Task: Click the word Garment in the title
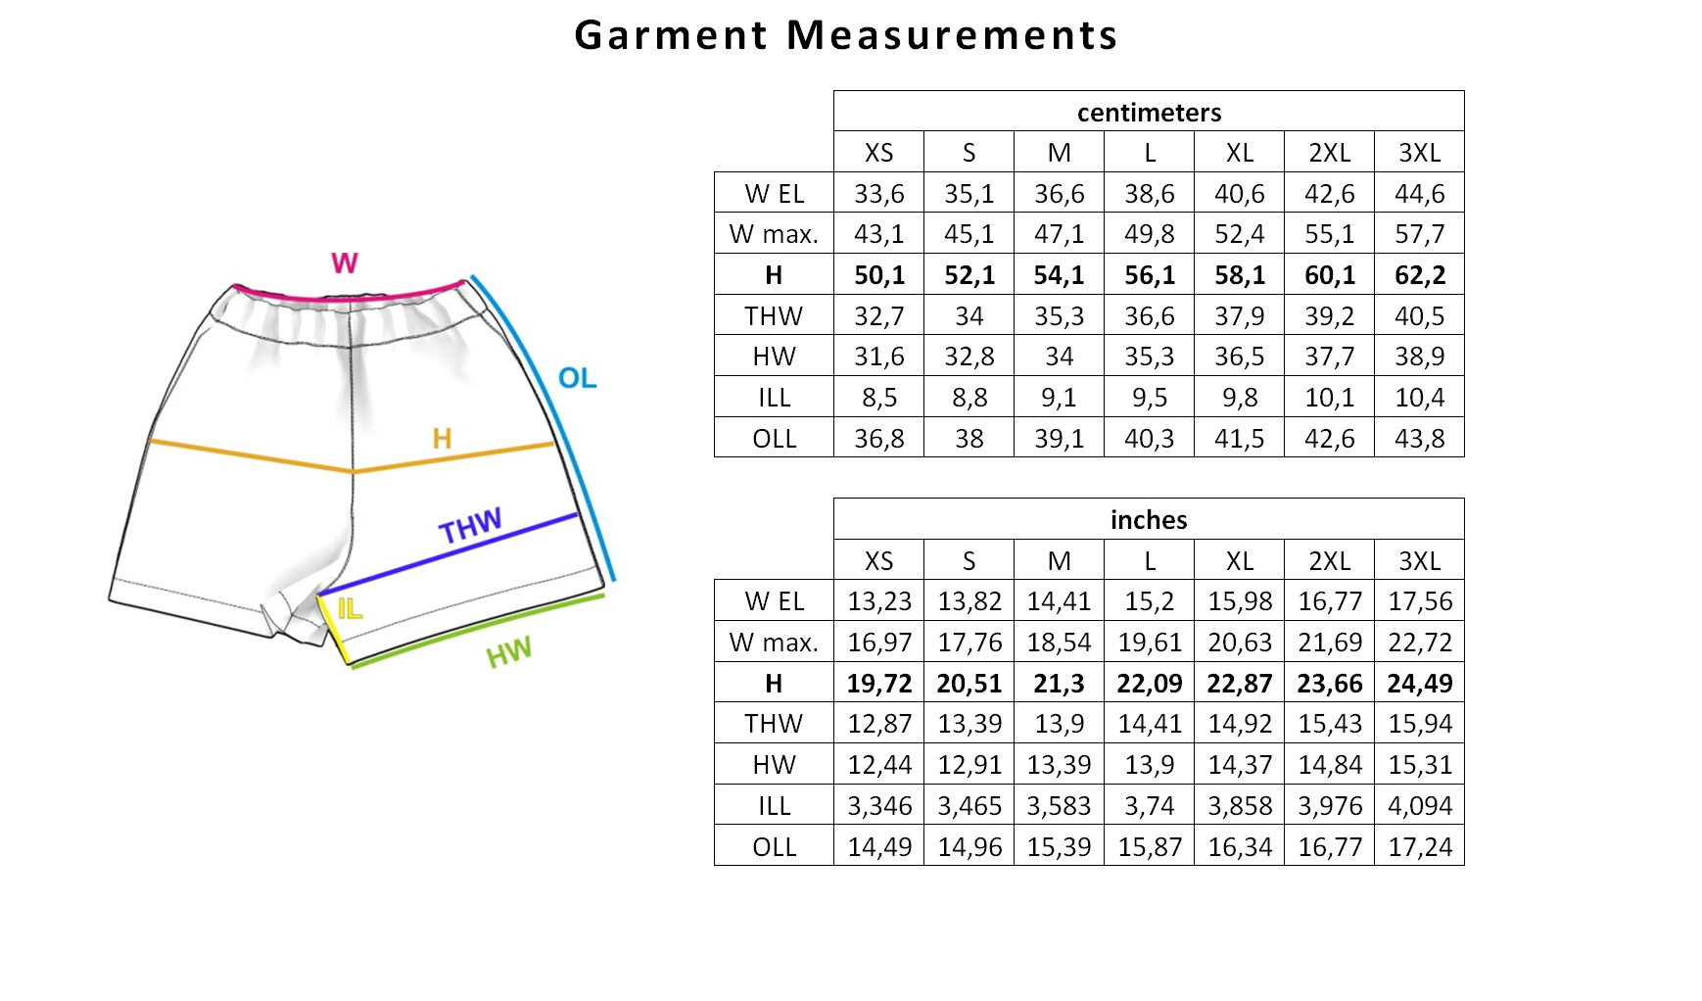coord(671,35)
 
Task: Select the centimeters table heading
coord(1149,113)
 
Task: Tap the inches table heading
coord(1149,520)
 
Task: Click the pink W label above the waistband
coord(345,262)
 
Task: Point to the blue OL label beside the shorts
coord(577,378)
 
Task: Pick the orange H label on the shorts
coord(443,438)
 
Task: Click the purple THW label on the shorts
coord(470,526)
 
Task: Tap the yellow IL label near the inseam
coord(350,609)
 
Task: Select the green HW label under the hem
coord(509,652)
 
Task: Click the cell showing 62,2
coord(1420,275)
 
